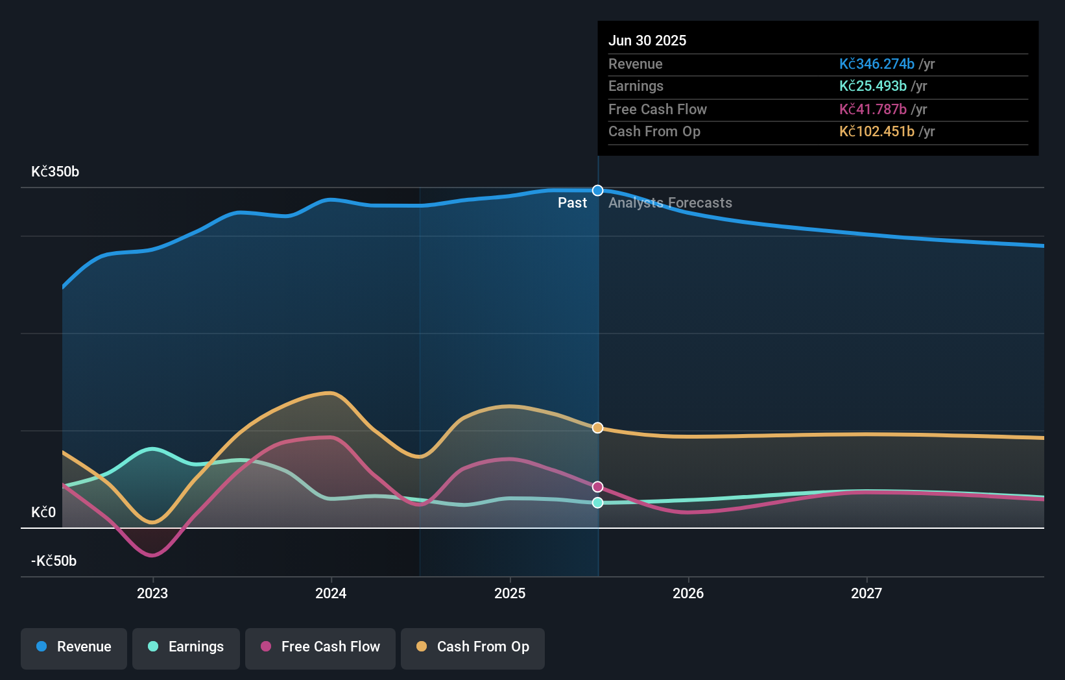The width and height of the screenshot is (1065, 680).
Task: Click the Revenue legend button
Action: click(x=74, y=647)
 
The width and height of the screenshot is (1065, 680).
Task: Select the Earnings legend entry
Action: click(x=186, y=647)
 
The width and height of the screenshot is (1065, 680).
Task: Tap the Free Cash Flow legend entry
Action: click(x=320, y=647)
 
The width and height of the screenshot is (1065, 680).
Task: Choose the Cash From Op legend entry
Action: click(x=473, y=647)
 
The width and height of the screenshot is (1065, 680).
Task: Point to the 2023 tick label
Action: click(x=152, y=593)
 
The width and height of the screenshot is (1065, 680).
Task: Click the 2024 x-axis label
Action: click(x=331, y=593)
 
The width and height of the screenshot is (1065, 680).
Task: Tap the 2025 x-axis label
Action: click(x=510, y=593)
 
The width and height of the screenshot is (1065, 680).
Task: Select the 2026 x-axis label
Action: click(x=688, y=593)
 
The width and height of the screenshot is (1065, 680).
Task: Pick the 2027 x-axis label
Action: click(x=867, y=593)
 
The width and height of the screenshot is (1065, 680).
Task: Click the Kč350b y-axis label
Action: click(x=55, y=172)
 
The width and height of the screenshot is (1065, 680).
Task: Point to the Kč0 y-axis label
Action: click(x=43, y=513)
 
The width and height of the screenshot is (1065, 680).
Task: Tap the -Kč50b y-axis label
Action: click(x=54, y=561)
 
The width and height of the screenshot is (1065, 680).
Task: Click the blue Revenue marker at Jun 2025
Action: click(x=598, y=191)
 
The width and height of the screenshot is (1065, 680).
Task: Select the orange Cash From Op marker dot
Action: click(x=598, y=428)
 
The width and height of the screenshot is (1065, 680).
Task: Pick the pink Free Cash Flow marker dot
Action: click(x=598, y=487)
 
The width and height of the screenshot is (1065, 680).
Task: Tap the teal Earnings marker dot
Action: click(x=598, y=503)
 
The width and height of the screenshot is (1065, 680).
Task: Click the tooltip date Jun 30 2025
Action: click(x=647, y=40)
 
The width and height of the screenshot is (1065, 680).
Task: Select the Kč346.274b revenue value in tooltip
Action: click(x=877, y=64)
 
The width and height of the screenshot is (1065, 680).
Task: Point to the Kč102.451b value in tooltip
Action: click(x=877, y=132)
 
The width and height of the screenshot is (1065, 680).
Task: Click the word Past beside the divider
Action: click(x=572, y=203)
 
